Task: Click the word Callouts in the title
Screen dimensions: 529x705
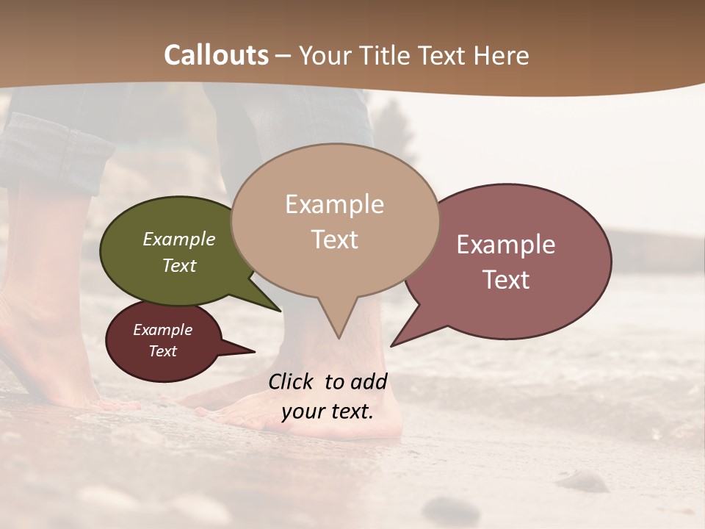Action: pyautogui.click(x=216, y=55)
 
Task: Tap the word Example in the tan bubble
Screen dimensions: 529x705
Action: pyautogui.click(x=334, y=204)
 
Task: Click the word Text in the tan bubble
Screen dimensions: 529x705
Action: pyautogui.click(x=334, y=240)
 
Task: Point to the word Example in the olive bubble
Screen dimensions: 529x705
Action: pyautogui.click(x=179, y=239)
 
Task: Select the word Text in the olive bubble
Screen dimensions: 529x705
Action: pyautogui.click(x=179, y=265)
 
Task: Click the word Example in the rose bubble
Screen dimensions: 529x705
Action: pyautogui.click(x=506, y=245)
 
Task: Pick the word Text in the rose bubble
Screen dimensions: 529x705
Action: pyautogui.click(x=506, y=279)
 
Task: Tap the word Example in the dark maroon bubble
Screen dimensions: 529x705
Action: pyautogui.click(x=162, y=330)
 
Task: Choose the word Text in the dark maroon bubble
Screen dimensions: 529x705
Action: pyautogui.click(x=162, y=351)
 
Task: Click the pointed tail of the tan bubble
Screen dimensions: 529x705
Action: pyautogui.click(x=338, y=334)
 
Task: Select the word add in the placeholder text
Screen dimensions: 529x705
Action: pyautogui.click(x=369, y=381)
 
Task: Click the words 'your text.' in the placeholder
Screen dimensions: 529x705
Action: pyautogui.click(x=328, y=411)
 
